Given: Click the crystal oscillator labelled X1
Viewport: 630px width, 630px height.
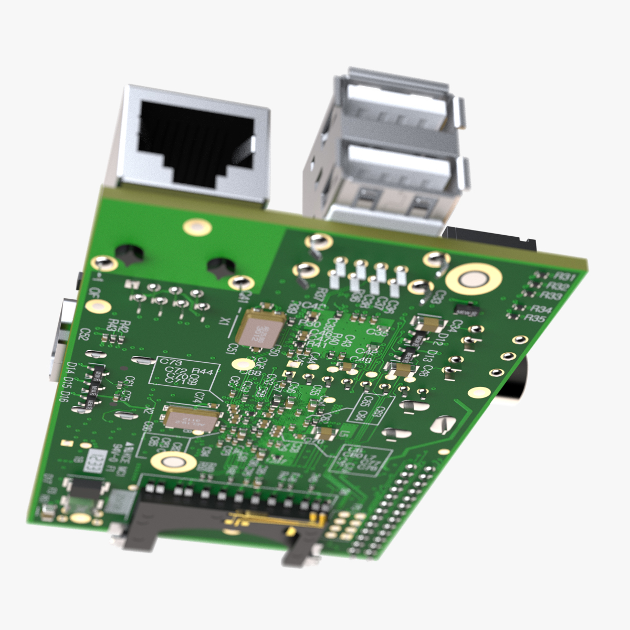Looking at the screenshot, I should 259,329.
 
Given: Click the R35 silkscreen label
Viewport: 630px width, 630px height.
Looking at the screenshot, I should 535,318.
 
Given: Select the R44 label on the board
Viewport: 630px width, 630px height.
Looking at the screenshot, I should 202,372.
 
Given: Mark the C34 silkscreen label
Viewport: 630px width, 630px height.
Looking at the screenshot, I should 457,325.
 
